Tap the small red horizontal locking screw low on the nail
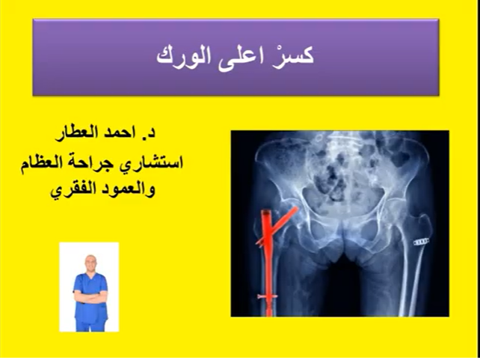pos(266,297)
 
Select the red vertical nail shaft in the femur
pos(267,262)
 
